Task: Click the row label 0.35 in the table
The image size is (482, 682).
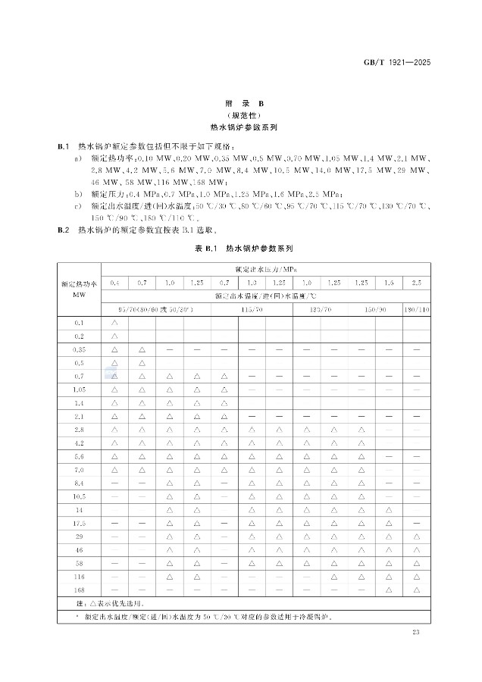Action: (x=79, y=349)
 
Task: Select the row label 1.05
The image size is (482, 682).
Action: (x=79, y=389)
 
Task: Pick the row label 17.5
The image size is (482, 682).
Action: (x=79, y=523)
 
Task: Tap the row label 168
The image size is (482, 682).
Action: (x=79, y=589)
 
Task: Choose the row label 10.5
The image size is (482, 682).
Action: (x=79, y=496)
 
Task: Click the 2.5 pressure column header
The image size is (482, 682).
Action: (x=417, y=283)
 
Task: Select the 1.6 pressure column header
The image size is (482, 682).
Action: (x=389, y=283)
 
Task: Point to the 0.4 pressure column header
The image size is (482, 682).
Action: (x=114, y=283)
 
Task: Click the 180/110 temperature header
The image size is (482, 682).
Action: (x=417, y=309)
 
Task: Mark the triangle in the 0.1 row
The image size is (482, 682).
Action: (x=114, y=323)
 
